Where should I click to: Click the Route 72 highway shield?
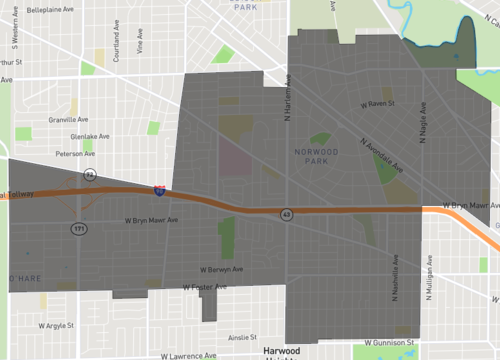(90, 174)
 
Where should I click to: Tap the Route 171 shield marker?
(78, 229)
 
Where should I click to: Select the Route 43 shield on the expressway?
(287, 214)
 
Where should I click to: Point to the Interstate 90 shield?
(160, 188)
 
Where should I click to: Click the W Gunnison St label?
(389, 342)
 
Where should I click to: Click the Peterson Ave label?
(75, 154)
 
